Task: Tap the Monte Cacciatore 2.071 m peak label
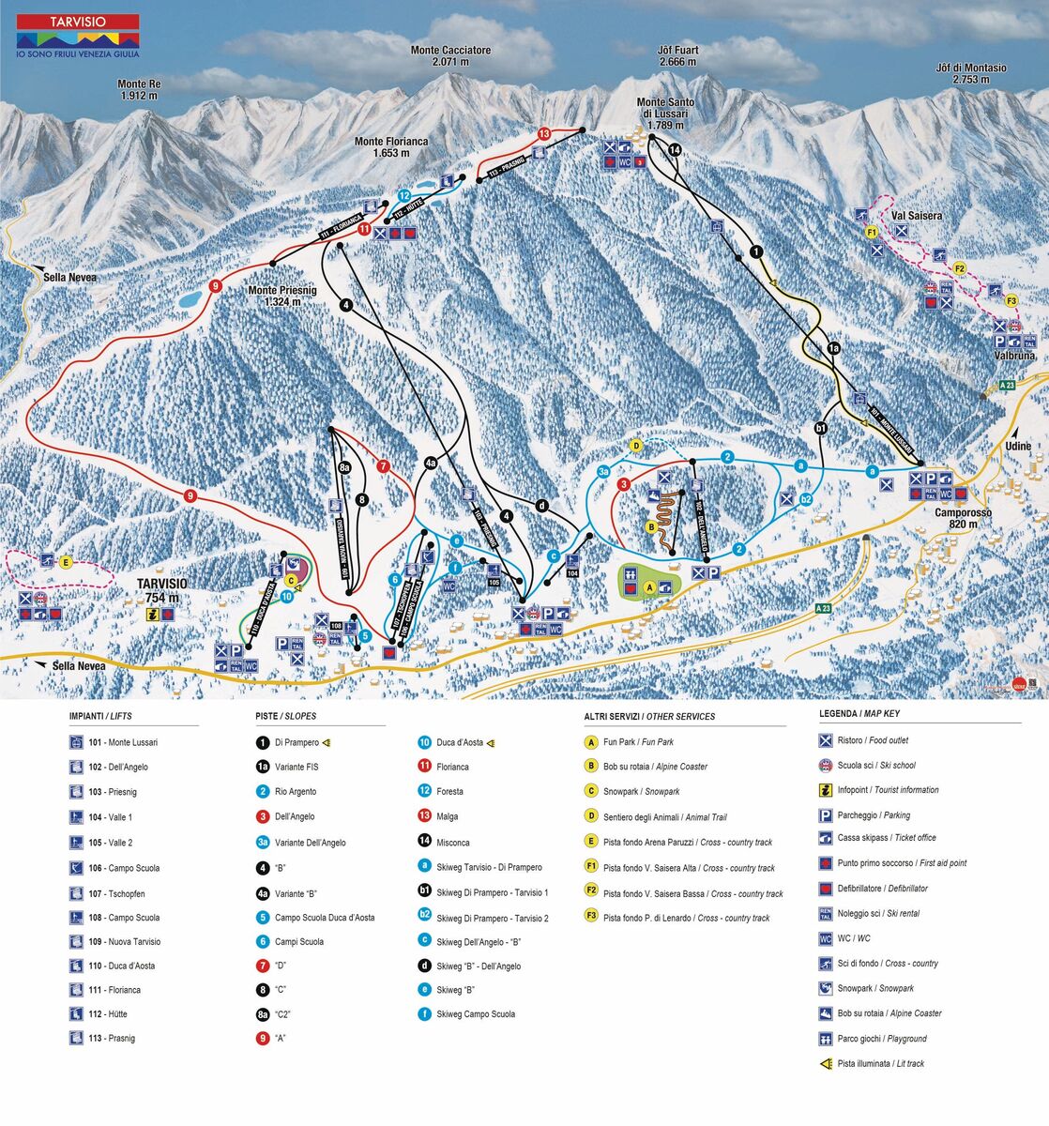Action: (450, 56)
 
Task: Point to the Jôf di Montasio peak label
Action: (970, 73)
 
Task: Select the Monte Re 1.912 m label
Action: (139, 89)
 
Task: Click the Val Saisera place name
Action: (917, 216)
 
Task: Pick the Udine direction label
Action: (1018, 447)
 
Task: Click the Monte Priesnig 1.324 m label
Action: (282, 296)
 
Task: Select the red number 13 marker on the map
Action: (544, 134)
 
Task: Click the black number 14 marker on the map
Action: (674, 149)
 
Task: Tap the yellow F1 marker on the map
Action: (871, 232)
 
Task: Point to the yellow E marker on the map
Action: (66, 562)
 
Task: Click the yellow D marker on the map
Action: (635, 445)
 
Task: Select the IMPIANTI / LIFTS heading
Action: (100, 716)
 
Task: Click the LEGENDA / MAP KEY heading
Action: (859, 713)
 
